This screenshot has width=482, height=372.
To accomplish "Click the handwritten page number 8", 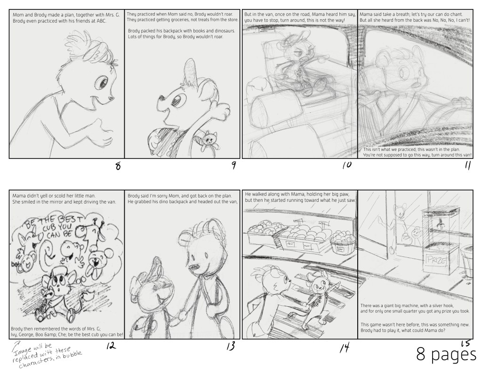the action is (x=118, y=166).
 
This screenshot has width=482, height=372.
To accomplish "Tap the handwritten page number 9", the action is (x=233, y=165).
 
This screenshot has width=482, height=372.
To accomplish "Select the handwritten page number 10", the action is (x=347, y=165).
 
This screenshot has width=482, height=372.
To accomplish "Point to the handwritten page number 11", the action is (x=467, y=166).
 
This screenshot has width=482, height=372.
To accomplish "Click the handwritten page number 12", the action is (x=111, y=346).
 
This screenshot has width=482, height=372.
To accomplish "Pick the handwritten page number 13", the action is (x=230, y=346).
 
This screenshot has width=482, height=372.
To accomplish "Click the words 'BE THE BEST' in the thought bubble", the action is (x=54, y=222).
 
